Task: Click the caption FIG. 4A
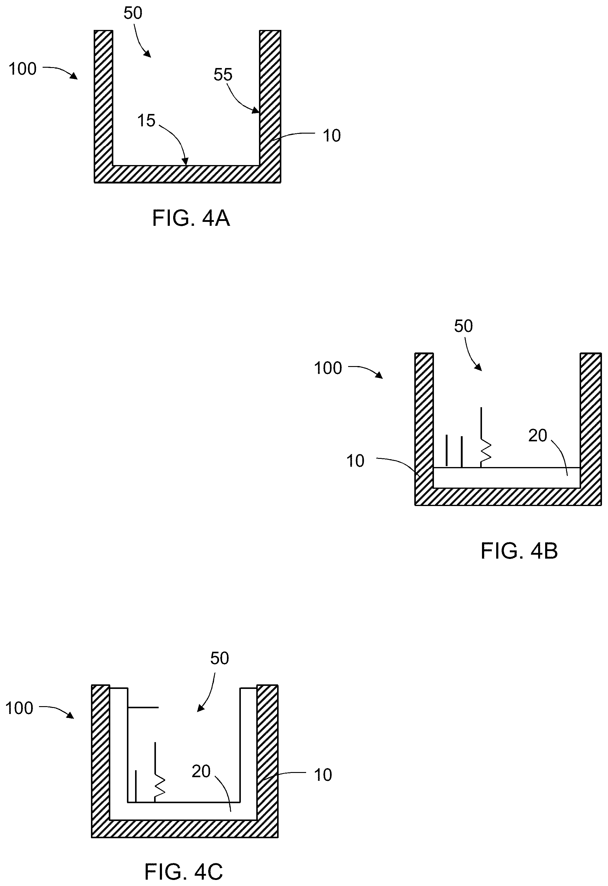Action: [191, 219]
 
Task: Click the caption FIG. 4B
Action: [519, 551]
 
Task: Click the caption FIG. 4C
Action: [183, 871]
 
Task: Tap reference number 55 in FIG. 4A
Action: [223, 75]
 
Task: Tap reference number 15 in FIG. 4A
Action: [146, 121]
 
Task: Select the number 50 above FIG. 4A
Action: [133, 13]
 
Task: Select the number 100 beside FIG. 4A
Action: [22, 69]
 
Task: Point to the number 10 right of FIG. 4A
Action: [331, 136]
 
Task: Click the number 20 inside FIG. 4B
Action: [538, 435]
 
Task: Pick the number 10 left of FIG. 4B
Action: [355, 461]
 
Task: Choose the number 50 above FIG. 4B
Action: [463, 326]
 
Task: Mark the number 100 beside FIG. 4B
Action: [328, 368]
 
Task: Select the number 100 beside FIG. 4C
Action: [19, 708]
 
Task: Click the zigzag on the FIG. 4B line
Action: [486, 451]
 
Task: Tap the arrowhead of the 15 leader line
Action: [186, 162]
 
